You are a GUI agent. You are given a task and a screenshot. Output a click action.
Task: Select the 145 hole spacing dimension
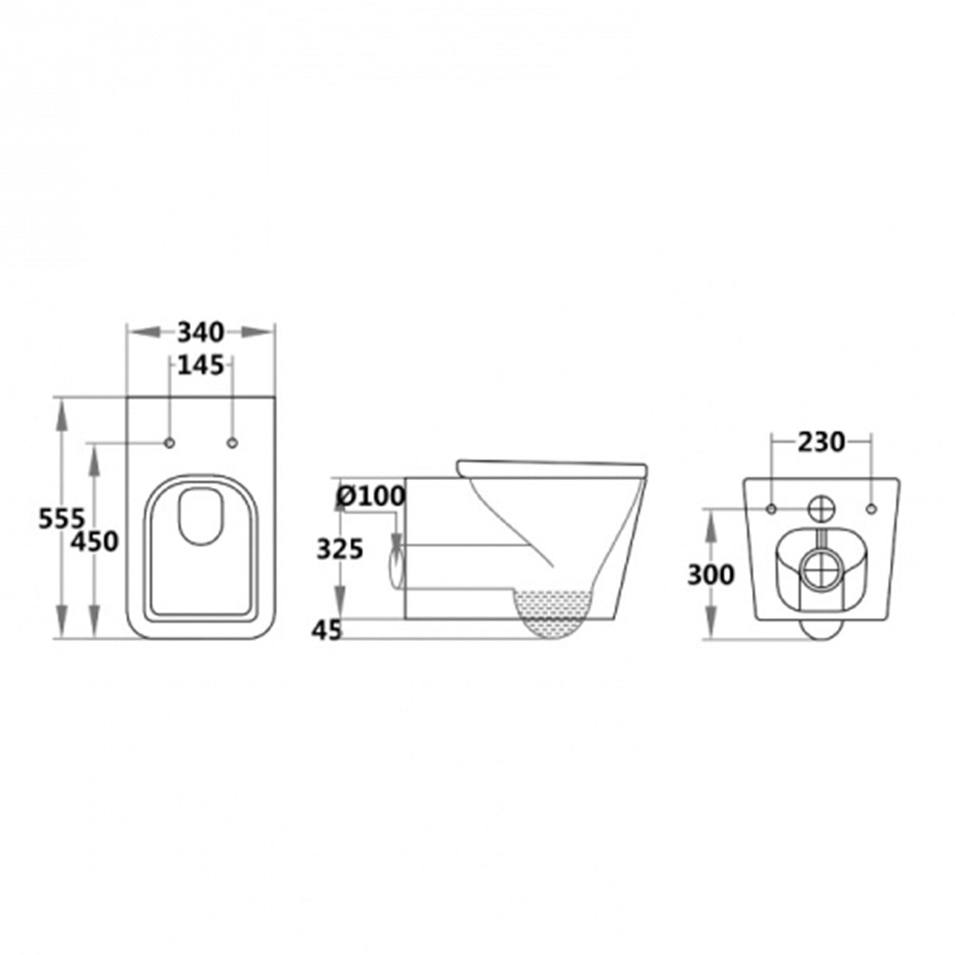coord(201,365)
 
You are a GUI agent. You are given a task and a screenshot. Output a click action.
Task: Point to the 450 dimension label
coord(94,541)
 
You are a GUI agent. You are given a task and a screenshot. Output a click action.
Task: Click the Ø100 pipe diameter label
coord(370,496)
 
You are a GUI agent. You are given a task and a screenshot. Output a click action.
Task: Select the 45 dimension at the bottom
coord(326,630)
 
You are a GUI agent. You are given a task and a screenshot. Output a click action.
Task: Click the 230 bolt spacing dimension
coord(821,442)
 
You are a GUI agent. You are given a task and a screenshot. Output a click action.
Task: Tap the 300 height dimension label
coord(711,574)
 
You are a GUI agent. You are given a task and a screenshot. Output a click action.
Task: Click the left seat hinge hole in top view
coord(170,442)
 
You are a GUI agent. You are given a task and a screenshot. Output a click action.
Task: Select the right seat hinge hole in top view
coord(232,442)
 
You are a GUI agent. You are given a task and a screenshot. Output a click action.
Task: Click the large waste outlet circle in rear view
coord(821,571)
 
